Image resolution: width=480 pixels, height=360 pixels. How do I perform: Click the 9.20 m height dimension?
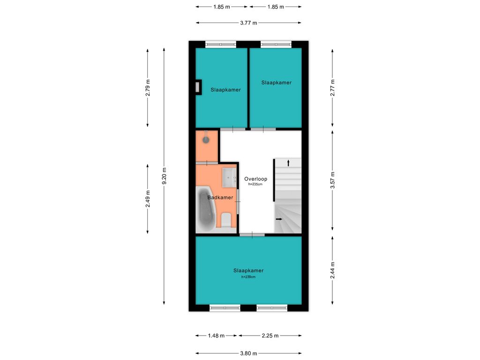click(164, 176)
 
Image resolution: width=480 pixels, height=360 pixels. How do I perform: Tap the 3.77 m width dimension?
click(248, 22)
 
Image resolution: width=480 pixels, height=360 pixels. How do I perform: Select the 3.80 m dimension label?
click(248, 353)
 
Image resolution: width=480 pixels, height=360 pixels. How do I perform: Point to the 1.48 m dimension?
click(216, 336)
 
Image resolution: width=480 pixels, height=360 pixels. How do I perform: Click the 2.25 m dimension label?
click(270, 336)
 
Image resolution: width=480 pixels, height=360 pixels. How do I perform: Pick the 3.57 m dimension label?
click(332, 180)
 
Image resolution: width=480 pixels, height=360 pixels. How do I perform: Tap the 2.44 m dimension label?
click(332, 270)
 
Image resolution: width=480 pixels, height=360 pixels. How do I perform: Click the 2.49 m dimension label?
click(148, 199)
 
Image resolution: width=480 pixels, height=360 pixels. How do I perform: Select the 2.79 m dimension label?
click(148, 88)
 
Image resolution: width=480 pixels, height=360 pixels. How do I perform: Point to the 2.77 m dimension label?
click(332, 88)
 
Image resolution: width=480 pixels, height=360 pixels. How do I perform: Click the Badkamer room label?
click(220, 197)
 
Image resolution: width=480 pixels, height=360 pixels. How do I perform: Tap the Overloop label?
click(255, 179)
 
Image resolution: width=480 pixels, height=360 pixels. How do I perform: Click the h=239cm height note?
click(248, 277)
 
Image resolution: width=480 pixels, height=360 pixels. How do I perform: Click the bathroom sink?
click(229, 177)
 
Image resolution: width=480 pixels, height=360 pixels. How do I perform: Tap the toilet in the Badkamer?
click(226, 220)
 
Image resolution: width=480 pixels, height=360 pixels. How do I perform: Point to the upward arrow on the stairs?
click(288, 163)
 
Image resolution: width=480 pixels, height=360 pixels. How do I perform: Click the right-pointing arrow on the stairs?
click(279, 219)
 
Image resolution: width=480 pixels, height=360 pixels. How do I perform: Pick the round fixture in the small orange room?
click(206, 140)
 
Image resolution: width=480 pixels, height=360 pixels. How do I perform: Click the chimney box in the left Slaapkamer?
click(199, 87)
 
